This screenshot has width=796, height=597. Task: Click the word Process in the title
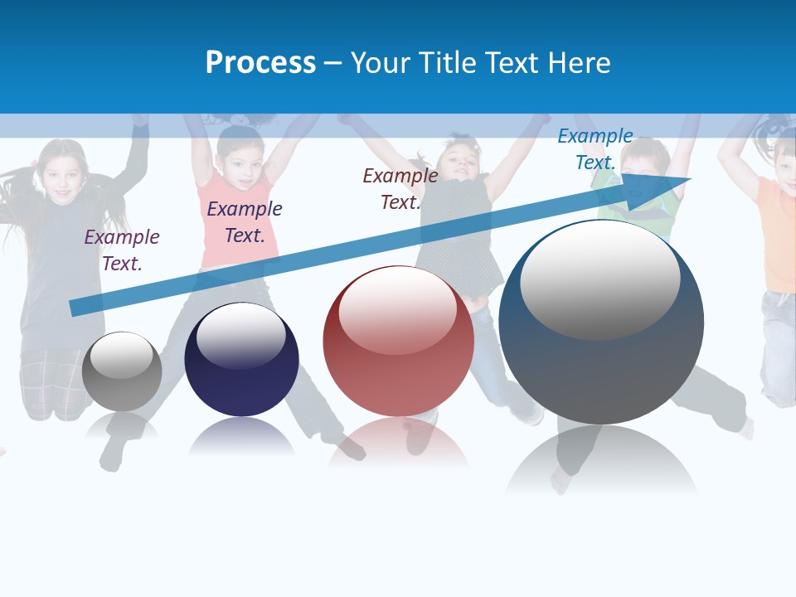(x=260, y=63)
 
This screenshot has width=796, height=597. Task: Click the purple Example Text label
(x=122, y=250)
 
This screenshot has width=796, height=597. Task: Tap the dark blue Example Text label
(x=245, y=222)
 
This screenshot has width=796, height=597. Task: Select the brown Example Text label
(x=400, y=189)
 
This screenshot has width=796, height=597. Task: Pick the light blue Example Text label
(x=595, y=149)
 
